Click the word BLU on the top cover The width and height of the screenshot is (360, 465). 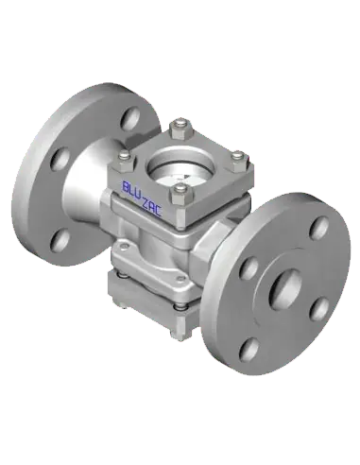click(x=131, y=190)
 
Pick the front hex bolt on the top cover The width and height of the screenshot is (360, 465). click(x=179, y=196)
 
